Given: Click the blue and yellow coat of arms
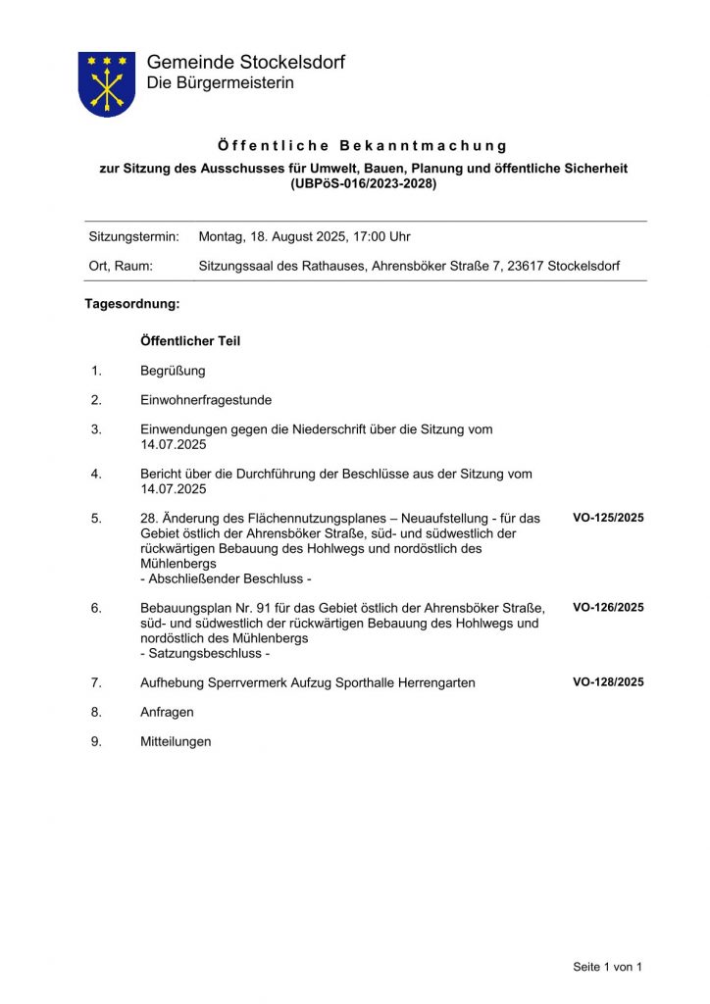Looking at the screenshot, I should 106,84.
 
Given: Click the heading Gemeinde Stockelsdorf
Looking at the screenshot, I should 245,63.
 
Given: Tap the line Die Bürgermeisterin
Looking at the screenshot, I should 220,83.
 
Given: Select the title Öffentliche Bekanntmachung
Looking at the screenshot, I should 363,146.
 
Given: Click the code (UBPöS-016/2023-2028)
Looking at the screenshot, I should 364,183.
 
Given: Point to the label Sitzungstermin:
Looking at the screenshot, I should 134,236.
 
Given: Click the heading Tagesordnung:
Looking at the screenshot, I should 132,304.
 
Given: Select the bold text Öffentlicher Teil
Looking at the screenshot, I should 190,341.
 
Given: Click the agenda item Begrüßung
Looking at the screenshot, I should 173,371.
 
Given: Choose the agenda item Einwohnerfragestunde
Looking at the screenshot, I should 206,400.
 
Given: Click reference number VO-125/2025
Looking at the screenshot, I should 608,518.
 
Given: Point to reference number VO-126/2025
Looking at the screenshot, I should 608,608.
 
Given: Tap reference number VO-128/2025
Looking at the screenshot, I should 608,682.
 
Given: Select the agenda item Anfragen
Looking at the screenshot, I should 167,712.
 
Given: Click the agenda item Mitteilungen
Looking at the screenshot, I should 176,742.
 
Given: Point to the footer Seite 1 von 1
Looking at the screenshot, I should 608,967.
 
